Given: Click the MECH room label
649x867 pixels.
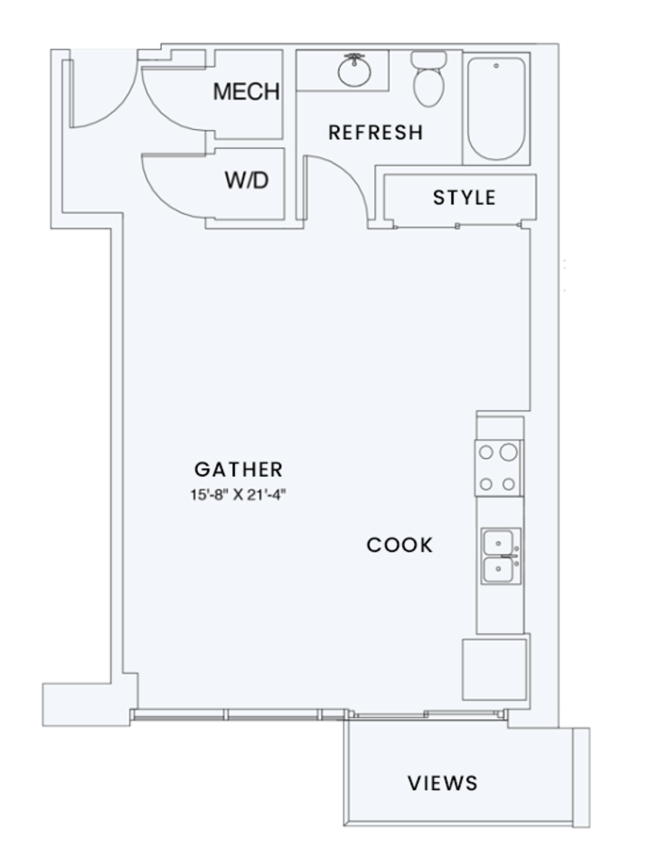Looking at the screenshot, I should (x=246, y=92).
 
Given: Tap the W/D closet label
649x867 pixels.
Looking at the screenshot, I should (x=247, y=181).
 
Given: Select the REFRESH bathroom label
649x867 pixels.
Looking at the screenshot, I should (x=375, y=133).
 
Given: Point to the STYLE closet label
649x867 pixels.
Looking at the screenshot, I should (x=464, y=198).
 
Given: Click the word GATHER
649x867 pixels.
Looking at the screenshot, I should (x=239, y=470).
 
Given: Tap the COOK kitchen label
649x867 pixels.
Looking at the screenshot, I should (x=400, y=545).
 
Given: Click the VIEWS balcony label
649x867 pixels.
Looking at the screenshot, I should (x=442, y=782).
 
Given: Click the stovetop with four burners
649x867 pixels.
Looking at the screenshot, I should (x=499, y=468).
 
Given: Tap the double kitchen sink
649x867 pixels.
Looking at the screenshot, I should (x=499, y=555).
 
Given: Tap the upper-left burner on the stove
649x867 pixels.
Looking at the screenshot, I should (x=486, y=452).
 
